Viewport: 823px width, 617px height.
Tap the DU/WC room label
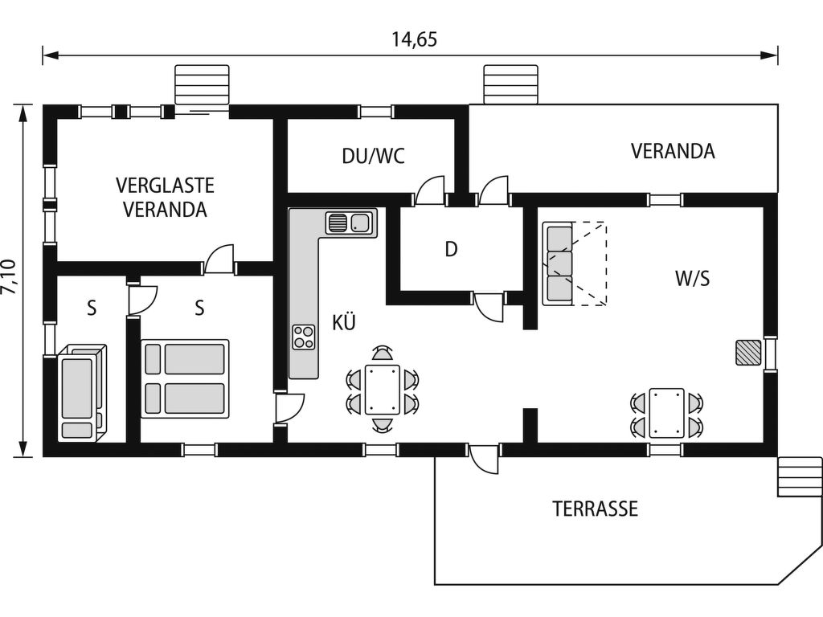(373, 156)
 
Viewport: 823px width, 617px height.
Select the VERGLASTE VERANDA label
(165, 198)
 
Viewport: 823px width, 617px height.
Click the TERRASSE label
(595, 509)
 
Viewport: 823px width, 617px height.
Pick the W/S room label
(692, 279)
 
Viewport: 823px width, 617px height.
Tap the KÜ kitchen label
(344, 323)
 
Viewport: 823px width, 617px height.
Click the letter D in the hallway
(452, 250)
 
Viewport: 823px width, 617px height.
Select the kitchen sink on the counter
(350, 222)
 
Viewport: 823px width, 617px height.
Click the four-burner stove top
(304, 337)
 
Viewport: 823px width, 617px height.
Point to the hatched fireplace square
(748, 352)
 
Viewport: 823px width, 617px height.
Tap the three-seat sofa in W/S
(559, 264)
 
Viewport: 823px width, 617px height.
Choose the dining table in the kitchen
(383, 389)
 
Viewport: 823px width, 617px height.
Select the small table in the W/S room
(667, 412)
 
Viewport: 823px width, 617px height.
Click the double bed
(185, 378)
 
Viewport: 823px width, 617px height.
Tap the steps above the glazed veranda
(203, 85)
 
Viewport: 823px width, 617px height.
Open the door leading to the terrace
(485, 459)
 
